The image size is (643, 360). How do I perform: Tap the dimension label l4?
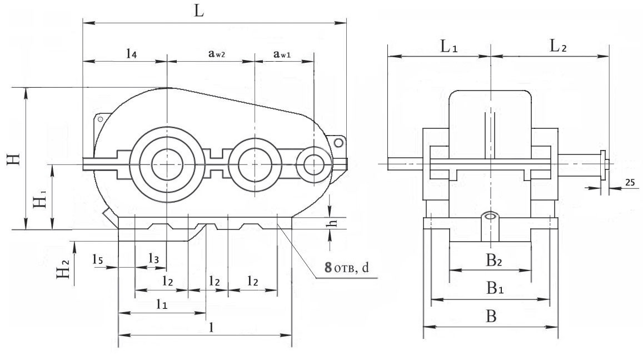pyautogui.click(x=131, y=53)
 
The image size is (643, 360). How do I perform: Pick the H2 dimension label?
pyautogui.click(x=66, y=271)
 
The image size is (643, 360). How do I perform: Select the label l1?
pyautogui.click(x=162, y=304)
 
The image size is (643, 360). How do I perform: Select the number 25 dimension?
pyautogui.click(x=629, y=182)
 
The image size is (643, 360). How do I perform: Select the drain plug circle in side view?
pyautogui.click(x=490, y=217)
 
